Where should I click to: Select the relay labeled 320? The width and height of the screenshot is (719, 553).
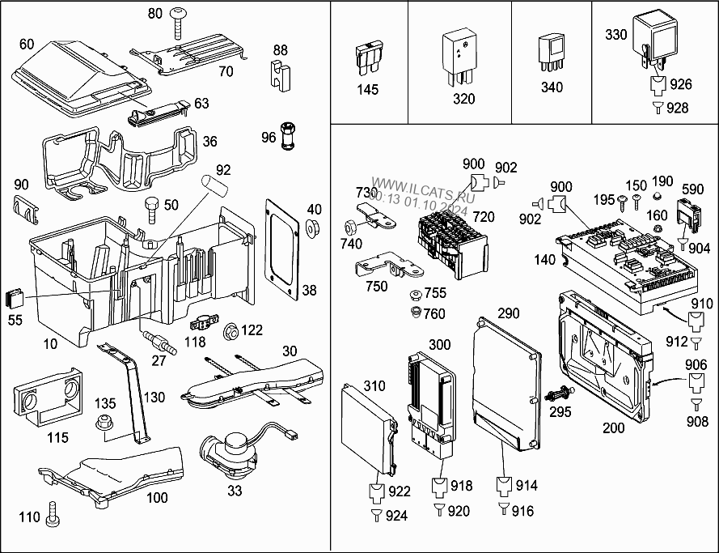pyautogui.click(x=459, y=53)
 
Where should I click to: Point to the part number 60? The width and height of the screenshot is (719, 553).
pyautogui.click(x=26, y=44)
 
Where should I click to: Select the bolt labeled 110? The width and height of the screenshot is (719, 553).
pyautogui.click(x=53, y=512)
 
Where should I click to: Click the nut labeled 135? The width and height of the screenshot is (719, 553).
pyautogui.click(x=104, y=422)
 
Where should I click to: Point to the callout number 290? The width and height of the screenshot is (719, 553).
pyautogui.click(x=509, y=313)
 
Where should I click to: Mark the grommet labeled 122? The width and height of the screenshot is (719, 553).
pyautogui.click(x=230, y=330)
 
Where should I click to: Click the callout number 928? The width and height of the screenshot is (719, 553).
pyautogui.click(x=677, y=108)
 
